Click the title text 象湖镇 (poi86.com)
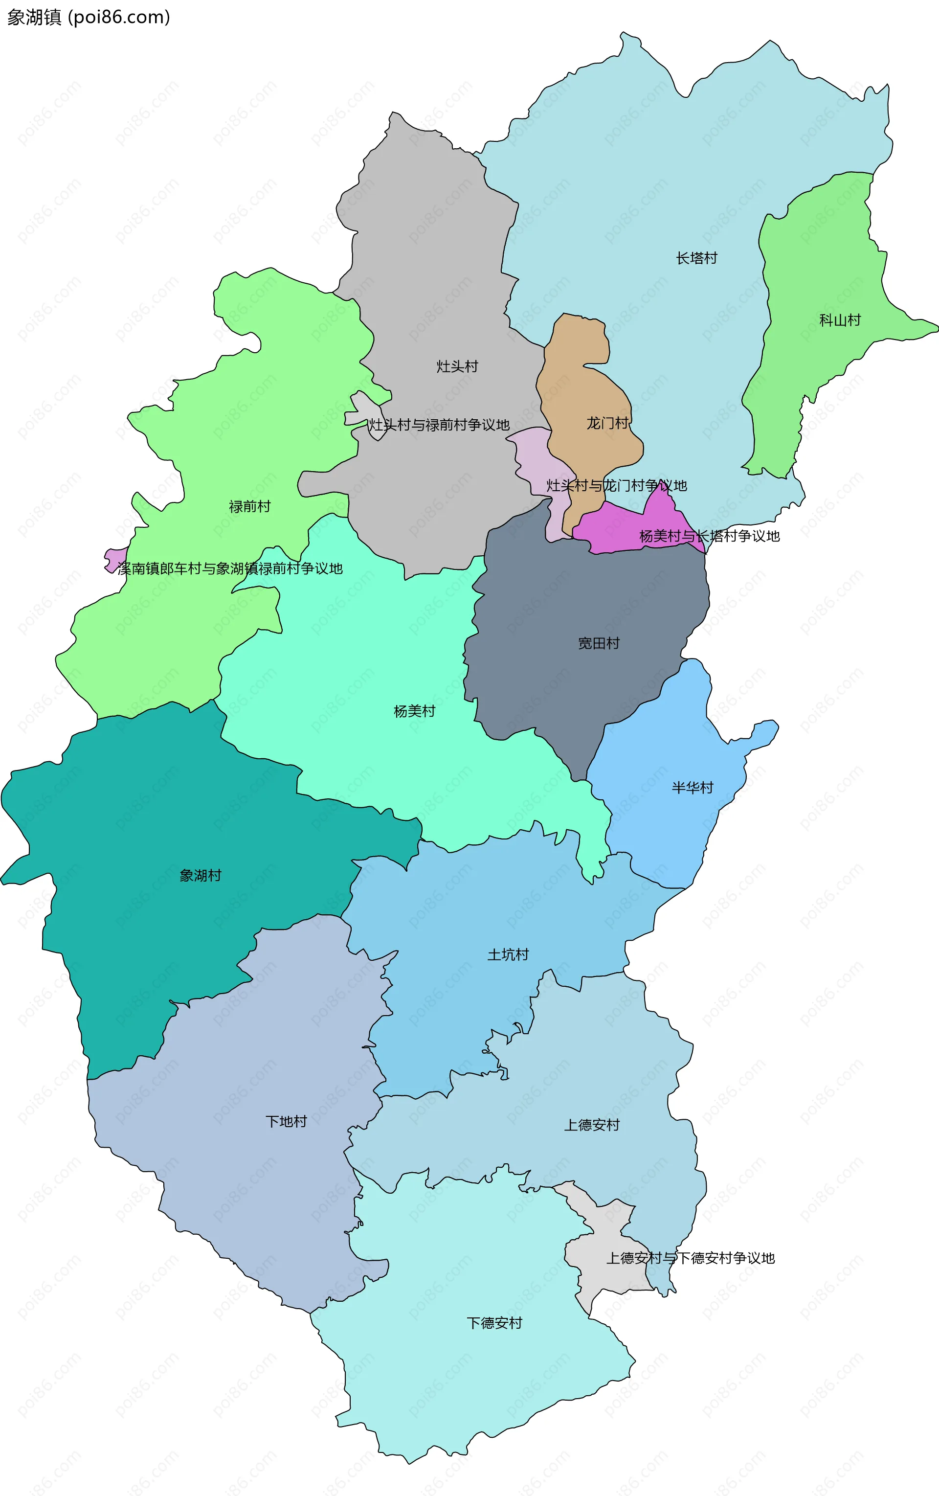88,17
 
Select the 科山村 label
840,320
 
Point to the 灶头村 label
457,366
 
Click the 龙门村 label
607,423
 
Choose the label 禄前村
249,506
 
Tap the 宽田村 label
599,643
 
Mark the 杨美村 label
414,711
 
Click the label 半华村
693,788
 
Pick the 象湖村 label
200,875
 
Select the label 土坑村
508,954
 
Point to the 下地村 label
286,1121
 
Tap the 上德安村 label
591,1125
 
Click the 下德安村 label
494,1323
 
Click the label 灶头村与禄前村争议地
439,425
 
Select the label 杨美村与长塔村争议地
709,536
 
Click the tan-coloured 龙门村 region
581,385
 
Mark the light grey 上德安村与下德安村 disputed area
605,1273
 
